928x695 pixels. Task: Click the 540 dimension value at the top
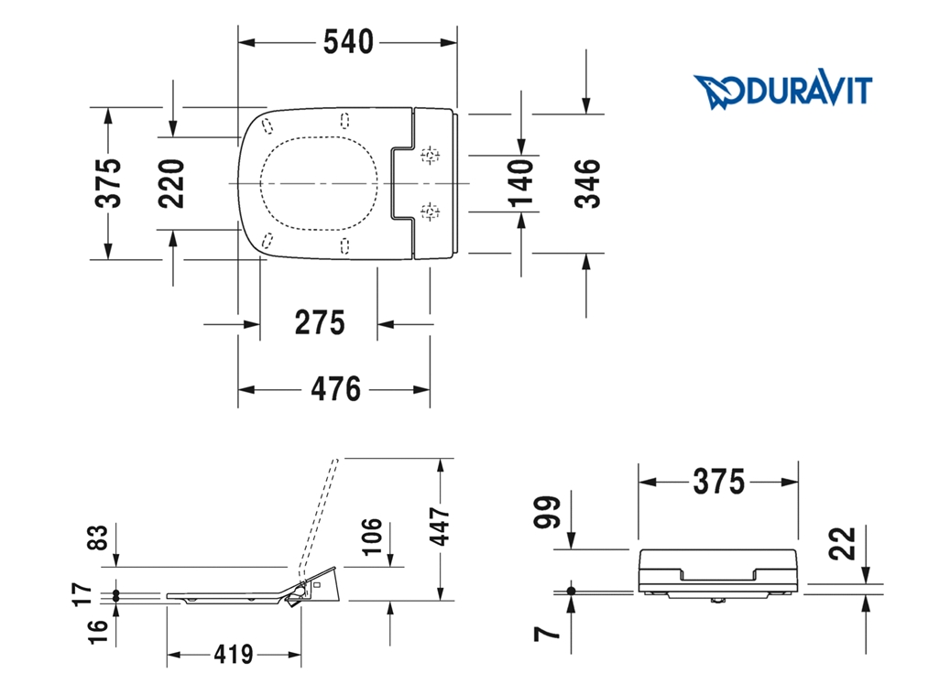348,42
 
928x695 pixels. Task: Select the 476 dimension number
335,389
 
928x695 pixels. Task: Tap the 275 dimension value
320,323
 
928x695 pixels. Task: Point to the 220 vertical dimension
171,183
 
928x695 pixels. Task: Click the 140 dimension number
521,183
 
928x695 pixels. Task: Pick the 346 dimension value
588,183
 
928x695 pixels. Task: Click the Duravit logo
782,92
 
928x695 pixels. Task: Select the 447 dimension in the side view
440,526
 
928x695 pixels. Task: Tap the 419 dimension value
234,654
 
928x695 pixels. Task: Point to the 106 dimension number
372,537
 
